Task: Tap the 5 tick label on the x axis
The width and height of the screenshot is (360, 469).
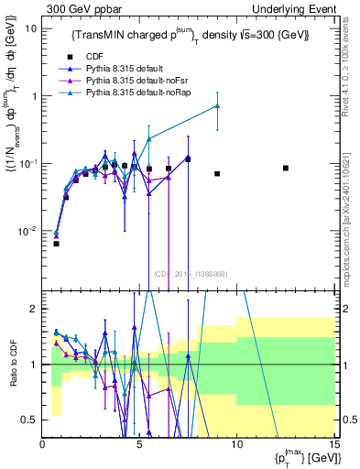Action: tap(139, 446)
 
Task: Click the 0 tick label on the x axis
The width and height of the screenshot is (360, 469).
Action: tap(43, 446)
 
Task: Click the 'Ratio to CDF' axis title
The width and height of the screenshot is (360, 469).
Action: tap(12, 365)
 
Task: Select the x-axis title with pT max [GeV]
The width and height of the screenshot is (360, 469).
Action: tap(302, 459)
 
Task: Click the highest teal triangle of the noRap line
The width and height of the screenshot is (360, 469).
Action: tap(217, 105)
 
